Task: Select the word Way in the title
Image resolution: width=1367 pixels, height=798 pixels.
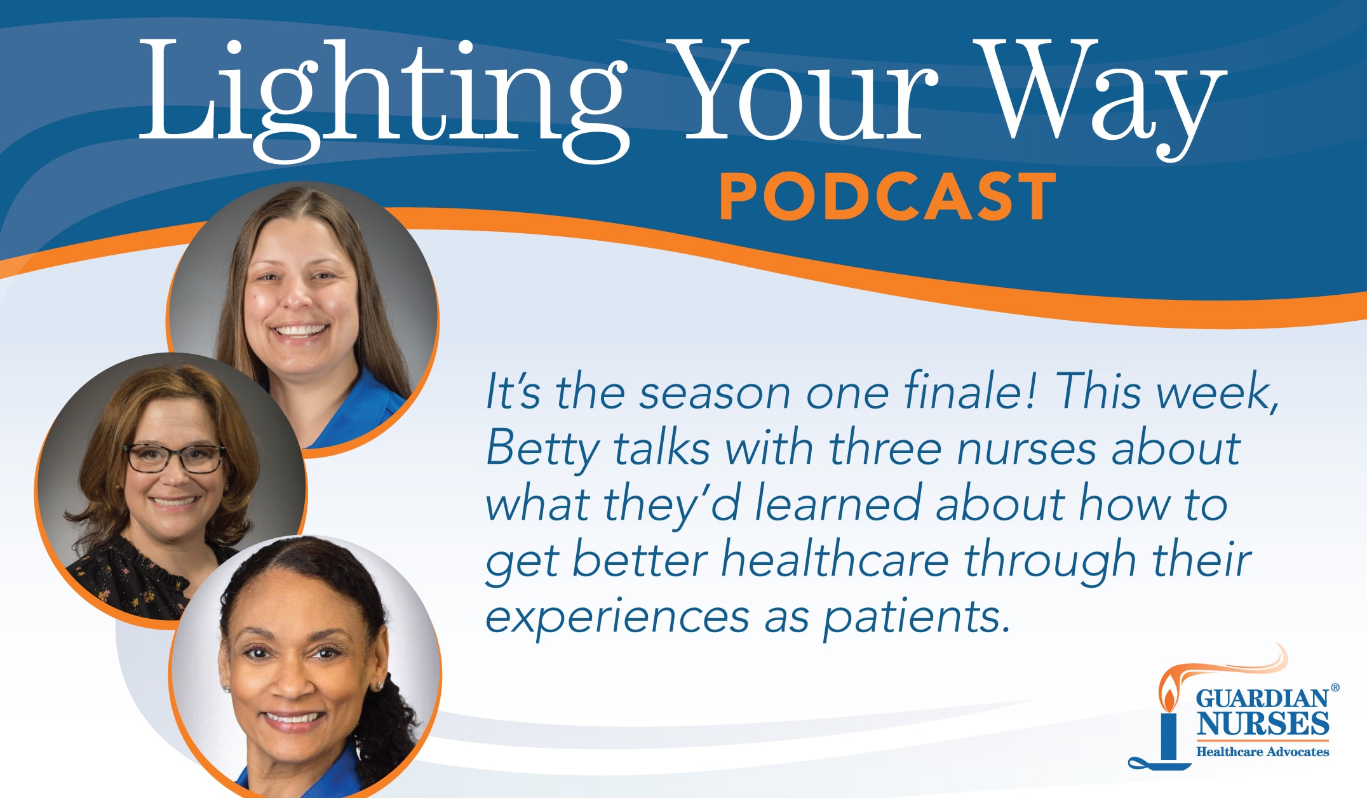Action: point(1099,95)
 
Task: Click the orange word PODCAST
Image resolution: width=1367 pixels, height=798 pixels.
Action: point(887,198)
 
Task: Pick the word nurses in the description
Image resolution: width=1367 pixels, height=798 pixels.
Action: point(1027,449)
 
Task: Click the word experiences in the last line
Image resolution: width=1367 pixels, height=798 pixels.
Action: point(616,617)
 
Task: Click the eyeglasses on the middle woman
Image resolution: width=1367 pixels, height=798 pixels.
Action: point(175,457)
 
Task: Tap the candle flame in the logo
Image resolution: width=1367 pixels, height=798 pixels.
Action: point(1168,696)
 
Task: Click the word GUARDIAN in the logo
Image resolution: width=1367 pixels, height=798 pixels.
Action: point(1262,699)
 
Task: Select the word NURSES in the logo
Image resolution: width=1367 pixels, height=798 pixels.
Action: point(1263,724)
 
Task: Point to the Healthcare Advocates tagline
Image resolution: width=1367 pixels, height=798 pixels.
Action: point(1262,752)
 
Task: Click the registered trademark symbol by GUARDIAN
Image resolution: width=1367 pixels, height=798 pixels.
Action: point(1335,687)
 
